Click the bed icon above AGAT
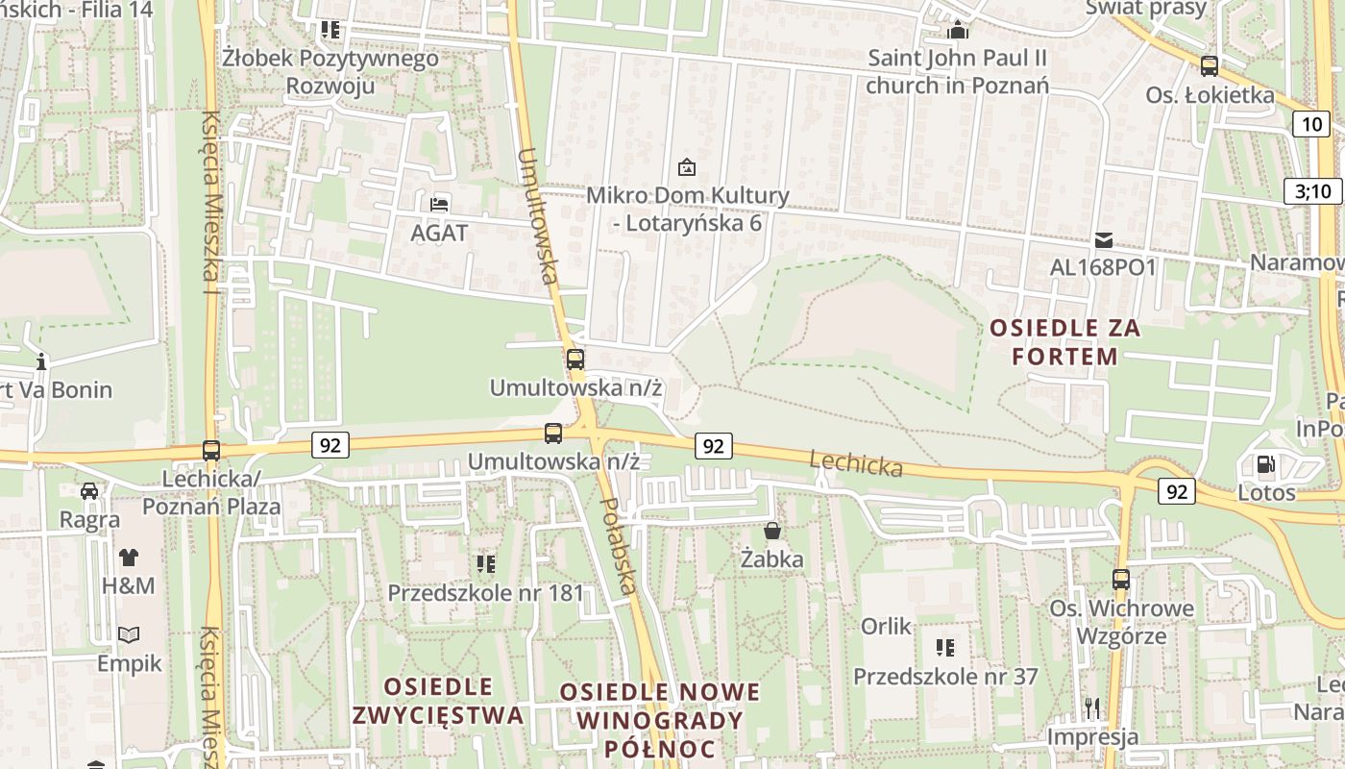pos(439,204)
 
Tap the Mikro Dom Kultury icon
pos(686,167)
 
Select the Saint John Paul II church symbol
pos(957,30)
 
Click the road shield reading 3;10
pos(1312,190)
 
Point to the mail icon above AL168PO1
pos(1103,239)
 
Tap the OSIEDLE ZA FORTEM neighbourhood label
pos(1065,342)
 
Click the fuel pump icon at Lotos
pos(1266,465)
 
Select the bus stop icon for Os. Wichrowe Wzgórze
pos(1121,580)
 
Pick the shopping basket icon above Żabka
pos(771,531)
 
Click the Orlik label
pos(886,627)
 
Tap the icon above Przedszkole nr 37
pos(945,648)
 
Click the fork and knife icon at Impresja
pos(1092,709)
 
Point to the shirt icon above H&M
pos(128,557)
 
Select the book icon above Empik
pos(129,635)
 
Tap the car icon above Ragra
pos(89,491)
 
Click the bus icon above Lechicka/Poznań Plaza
pos(211,450)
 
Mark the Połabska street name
pos(620,545)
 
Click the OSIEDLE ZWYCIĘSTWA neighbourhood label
pos(438,701)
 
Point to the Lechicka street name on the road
pos(856,463)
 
